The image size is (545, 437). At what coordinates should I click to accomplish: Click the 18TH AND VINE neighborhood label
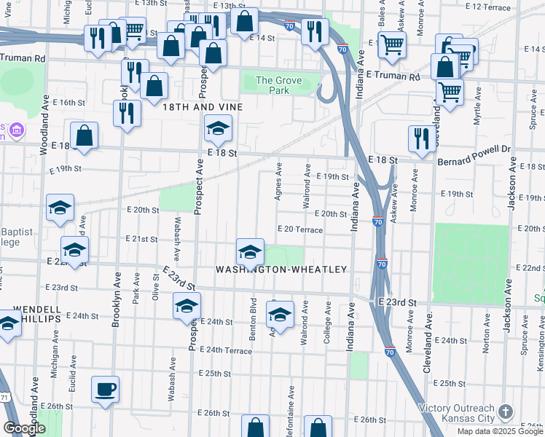point(201,106)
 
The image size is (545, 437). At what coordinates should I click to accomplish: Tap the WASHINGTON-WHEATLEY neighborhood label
point(281,269)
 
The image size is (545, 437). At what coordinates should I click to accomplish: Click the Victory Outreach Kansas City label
point(456,414)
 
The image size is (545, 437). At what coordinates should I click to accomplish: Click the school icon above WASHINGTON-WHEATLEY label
point(250,252)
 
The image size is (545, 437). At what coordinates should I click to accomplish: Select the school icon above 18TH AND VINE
point(216,129)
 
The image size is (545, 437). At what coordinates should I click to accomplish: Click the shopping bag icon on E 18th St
point(85,135)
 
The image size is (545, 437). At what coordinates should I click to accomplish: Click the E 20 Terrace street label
point(299,229)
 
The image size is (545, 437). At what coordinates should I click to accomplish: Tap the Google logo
point(24,428)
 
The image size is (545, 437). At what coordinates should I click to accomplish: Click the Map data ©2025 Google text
point(498,431)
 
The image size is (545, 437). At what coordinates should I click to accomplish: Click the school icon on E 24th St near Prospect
point(187,307)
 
